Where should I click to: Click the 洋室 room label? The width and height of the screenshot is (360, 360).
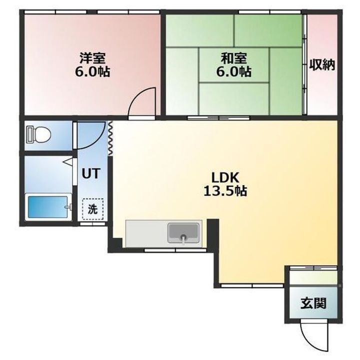pyautogui.click(x=92, y=58)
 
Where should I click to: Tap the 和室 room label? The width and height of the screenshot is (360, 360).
pyautogui.click(x=233, y=58)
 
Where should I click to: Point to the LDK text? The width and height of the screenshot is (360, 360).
pyautogui.click(x=225, y=177)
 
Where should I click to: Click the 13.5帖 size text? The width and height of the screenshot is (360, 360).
pyautogui.click(x=225, y=191)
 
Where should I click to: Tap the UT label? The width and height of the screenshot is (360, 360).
pyautogui.click(x=91, y=173)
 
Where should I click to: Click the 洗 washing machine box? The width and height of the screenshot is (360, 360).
pyautogui.click(x=93, y=209)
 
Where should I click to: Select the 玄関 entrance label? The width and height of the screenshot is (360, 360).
pyautogui.click(x=313, y=303)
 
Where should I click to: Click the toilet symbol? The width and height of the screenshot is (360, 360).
pyautogui.click(x=39, y=135)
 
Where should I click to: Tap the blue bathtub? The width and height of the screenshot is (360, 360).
pyautogui.click(x=48, y=207)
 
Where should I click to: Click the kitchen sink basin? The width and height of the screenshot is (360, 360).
pyautogui.click(x=183, y=233)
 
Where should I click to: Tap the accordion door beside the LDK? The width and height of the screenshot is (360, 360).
pyautogui.click(x=110, y=138)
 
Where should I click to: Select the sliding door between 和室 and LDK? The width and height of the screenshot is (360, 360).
pyautogui.click(x=218, y=118)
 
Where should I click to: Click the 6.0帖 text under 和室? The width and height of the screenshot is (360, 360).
pyautogui.click(x=233, y=71)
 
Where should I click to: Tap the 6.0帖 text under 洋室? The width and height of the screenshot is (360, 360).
pyautogui.click(x=92, y=71)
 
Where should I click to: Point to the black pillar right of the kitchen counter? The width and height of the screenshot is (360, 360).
pyautogui.click(x=213, y=233)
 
